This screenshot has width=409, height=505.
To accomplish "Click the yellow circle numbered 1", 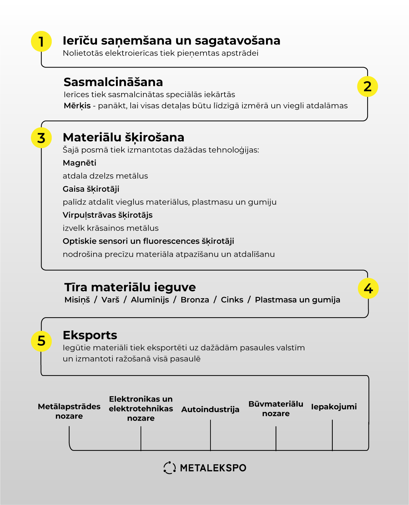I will pyautogui.click(x=41, y=41).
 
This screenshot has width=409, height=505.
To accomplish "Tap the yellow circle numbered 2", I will pyautogui.click(x=367, y=87).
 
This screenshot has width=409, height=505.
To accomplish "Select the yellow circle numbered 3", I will pyautogui.click(x=41, y=138).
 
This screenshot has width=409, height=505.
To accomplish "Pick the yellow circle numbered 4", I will pyautogui.click(x=368, y=288).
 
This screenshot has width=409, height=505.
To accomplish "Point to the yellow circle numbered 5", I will pyautogui.click(x=41, y=341).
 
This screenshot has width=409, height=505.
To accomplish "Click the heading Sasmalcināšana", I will pyautogui.click(x=113, y=82).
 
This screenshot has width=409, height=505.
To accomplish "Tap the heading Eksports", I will pyautogui.click(x=90, y=335).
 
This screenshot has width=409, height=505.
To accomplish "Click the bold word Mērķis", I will pyautogui.click(x=77, y=106).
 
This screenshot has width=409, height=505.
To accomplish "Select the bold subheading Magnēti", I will pyautogui.click(x=79, y=163).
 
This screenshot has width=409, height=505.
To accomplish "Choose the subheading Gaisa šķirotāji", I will pyautogui.click(x=91, y=189).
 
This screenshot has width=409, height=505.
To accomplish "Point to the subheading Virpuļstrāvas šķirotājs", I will pyautogui.click(x=108, y=215).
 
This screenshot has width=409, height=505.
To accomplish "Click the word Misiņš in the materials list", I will pyautogui.click(x=77, y=300).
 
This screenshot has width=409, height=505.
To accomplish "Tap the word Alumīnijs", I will pyautogui.click(x=150, y=300).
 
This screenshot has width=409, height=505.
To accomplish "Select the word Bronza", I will pyautogui.click(x=195, y=300).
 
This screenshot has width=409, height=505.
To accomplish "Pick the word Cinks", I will pyautogui.click(x=232, y=300).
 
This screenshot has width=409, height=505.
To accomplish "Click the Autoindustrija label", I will pyautogui.click(x=210, y=409).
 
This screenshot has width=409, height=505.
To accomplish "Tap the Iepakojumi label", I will pyautogui.click(x=334, y=407).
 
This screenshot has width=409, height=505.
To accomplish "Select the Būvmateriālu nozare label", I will pyautogui.click(x=276, y=409).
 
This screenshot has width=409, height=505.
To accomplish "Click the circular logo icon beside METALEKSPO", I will pyautogui.click(x=169, y=468).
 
